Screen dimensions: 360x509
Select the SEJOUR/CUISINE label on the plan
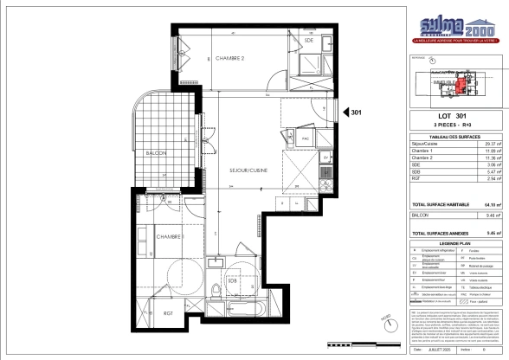pyautogui.click(x=248, y=170)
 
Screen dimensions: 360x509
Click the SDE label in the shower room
pyautogui.click(x=308, y=40)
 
